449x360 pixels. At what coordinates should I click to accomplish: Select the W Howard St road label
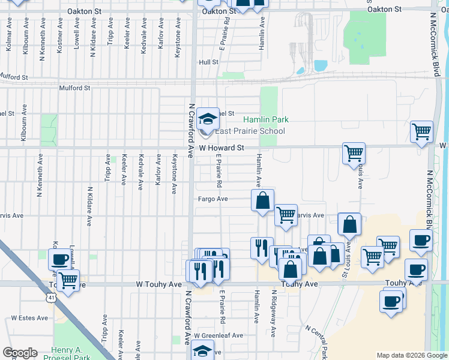pos(221,147)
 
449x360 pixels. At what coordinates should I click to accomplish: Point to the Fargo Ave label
pos(213,199)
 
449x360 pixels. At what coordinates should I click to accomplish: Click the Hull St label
pos(208,62)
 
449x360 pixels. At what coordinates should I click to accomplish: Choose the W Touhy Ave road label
pos(158,284)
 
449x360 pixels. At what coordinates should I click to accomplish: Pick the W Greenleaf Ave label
pos(218,335)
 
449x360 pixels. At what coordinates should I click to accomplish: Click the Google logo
pos(20,353)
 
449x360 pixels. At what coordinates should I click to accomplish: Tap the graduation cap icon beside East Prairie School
pos(208,118)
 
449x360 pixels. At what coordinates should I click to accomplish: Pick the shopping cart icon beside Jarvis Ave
pos(286,214)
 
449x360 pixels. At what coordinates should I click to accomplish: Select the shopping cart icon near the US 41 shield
pos(69,279)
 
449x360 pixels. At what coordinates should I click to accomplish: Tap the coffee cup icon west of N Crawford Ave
pos(59,259)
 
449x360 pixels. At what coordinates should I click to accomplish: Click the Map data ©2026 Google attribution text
pos(411,355)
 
